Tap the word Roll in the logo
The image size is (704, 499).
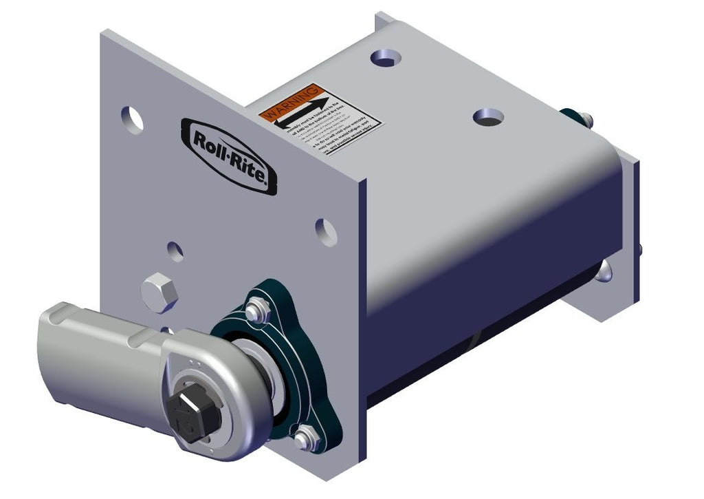(209, 141)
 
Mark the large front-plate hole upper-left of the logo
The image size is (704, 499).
(133, 119)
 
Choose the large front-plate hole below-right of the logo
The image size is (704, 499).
(327, 232)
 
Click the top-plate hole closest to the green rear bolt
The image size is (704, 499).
(488, 118)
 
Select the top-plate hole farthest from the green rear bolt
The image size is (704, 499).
(385, 58)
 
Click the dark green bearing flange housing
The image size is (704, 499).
(275, 358)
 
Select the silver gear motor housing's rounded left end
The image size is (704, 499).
(55, 351)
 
